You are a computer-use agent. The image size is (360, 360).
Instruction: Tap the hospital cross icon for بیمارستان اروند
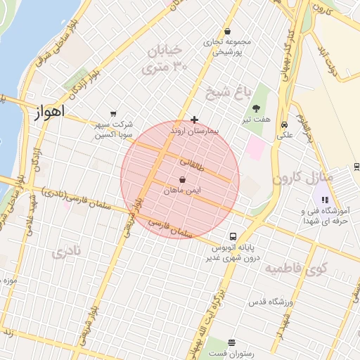point(194,120)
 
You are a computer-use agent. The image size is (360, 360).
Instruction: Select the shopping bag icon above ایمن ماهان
point(183,180)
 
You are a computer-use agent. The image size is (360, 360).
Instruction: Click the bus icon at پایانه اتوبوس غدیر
point(233,236)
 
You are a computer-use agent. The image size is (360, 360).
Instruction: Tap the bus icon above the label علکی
point(285,123)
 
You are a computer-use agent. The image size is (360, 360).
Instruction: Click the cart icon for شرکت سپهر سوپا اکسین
point(113,114)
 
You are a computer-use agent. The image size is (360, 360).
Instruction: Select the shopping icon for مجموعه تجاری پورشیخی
point(228,32)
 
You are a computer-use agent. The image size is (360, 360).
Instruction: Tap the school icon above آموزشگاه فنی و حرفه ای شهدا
point(324,200)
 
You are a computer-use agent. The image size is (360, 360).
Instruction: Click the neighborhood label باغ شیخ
point(222,91)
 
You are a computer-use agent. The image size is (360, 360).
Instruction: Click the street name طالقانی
point(191,162)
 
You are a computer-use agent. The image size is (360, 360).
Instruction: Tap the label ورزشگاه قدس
point(270,302)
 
